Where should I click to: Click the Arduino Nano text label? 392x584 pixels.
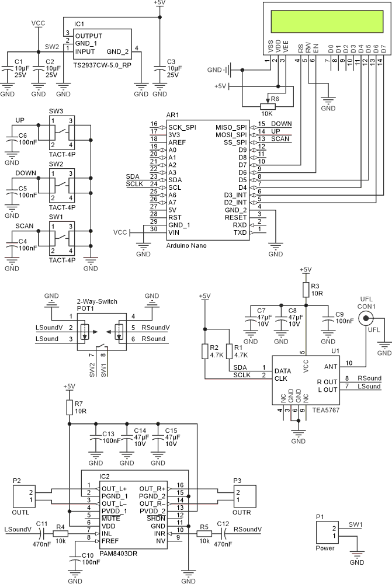coord(186,245)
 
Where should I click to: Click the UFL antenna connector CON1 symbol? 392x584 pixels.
coord(366,318)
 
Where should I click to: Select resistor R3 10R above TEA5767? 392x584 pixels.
coord(305,289)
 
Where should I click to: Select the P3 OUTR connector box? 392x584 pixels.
coord(243,496)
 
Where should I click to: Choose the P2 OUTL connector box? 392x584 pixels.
coord(24,496)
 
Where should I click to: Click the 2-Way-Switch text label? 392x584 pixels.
coord(97,302)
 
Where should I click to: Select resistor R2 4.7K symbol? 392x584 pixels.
coord(204,351)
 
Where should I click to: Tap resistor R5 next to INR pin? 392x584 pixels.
coord(204,533)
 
